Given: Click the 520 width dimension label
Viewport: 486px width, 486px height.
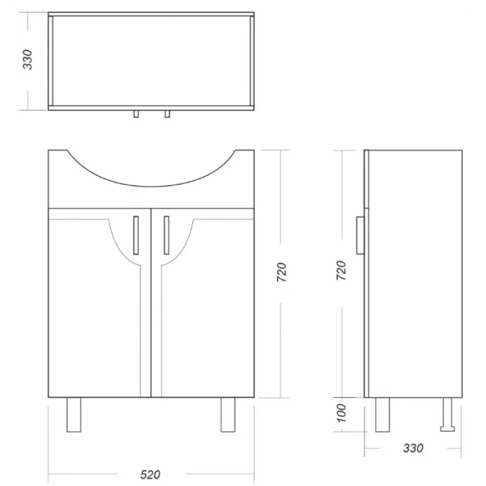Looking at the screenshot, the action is (x=150, y=474).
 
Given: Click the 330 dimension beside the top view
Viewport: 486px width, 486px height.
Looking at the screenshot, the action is (x=27, y=60).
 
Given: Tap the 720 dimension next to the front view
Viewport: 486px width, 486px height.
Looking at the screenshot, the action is (x=282, y=272).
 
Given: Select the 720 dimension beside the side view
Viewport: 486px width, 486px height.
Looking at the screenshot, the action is (x=341, y=270).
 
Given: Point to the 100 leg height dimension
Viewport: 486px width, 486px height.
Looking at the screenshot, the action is (x=341, y=413).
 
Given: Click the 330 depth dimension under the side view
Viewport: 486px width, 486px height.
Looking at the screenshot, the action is (x=413, y=448).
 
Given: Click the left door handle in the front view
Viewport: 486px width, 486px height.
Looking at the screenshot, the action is (x=135, y=235).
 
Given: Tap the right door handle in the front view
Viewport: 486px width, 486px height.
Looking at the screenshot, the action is (x=166, y=235).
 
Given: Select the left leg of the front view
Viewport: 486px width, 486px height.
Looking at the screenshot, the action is (x=74, y=415).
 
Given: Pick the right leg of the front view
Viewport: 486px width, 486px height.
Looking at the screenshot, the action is (x=228, y=415).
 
